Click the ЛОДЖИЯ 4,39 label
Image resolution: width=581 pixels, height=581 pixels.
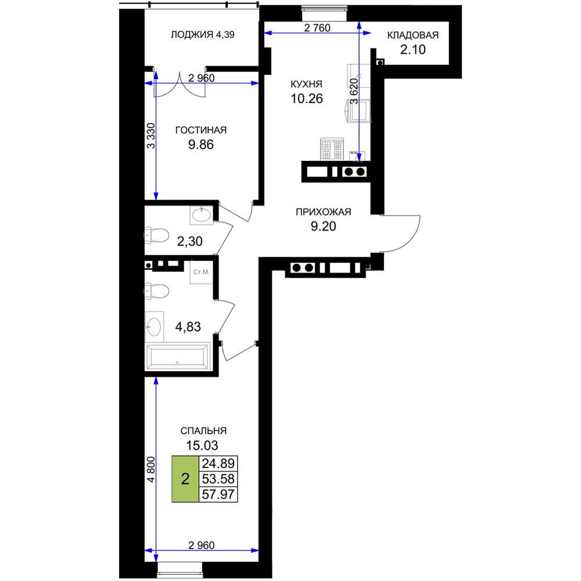click(202, 35)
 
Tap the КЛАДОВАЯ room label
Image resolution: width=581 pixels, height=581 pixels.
click(413, 35)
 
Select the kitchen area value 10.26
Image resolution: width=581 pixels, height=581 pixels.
click(306, 99)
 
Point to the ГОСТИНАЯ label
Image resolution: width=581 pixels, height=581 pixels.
click(201, 130)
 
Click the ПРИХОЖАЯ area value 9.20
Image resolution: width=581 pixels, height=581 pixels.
click(323, 226)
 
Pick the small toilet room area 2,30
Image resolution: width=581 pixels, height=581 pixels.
click(190, 242)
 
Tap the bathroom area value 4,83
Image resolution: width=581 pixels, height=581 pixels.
click(188, 327)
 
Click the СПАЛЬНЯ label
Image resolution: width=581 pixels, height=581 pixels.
click(203, 431)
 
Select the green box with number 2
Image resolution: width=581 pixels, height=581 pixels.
click(185, 479)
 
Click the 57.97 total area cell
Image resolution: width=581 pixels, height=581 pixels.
click(218, 494)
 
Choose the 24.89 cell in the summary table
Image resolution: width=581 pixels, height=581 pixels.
click(218, 464)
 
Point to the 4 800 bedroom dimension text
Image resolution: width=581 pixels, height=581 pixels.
click(151, 469)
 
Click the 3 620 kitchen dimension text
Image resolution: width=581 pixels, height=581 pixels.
click(354, 91)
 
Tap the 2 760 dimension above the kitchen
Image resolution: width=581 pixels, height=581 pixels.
click(317, 28)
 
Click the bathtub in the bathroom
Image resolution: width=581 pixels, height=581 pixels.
click(177, 357)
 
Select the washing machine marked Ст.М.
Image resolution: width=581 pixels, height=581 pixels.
click(201, 272)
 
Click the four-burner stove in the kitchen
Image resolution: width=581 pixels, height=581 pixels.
click(332, 149)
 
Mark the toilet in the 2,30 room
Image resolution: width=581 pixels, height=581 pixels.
click(156, 235)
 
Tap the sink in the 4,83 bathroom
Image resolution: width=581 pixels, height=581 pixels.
click(154, 327)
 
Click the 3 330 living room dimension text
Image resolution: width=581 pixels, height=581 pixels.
click(151, 135)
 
